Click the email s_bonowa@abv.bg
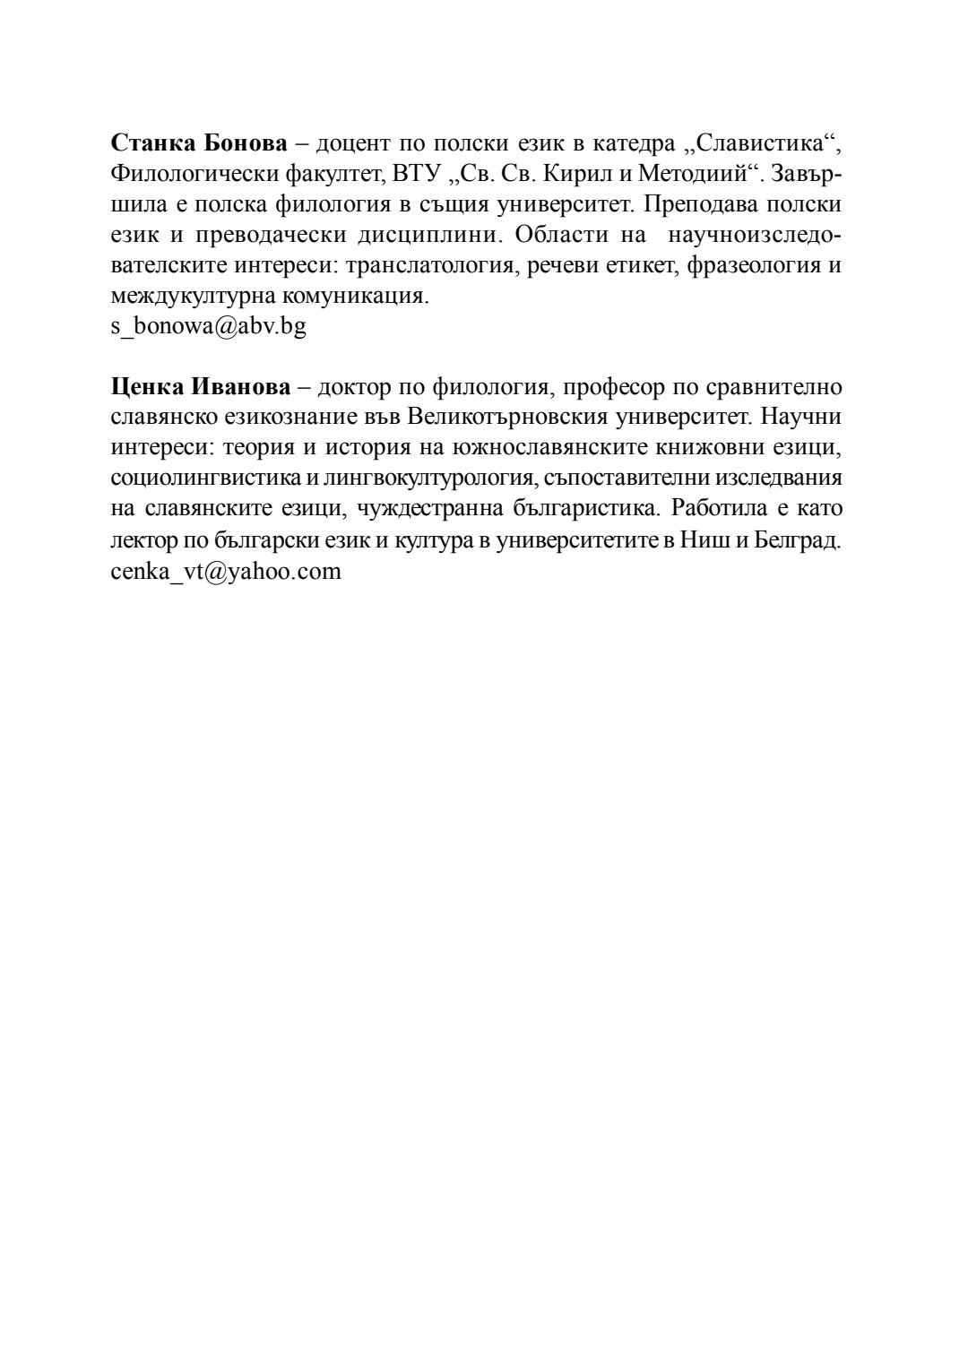click(x=208, y=326)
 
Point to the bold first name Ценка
click(x=146, y=387)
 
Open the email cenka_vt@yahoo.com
click(x=226, y=571)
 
